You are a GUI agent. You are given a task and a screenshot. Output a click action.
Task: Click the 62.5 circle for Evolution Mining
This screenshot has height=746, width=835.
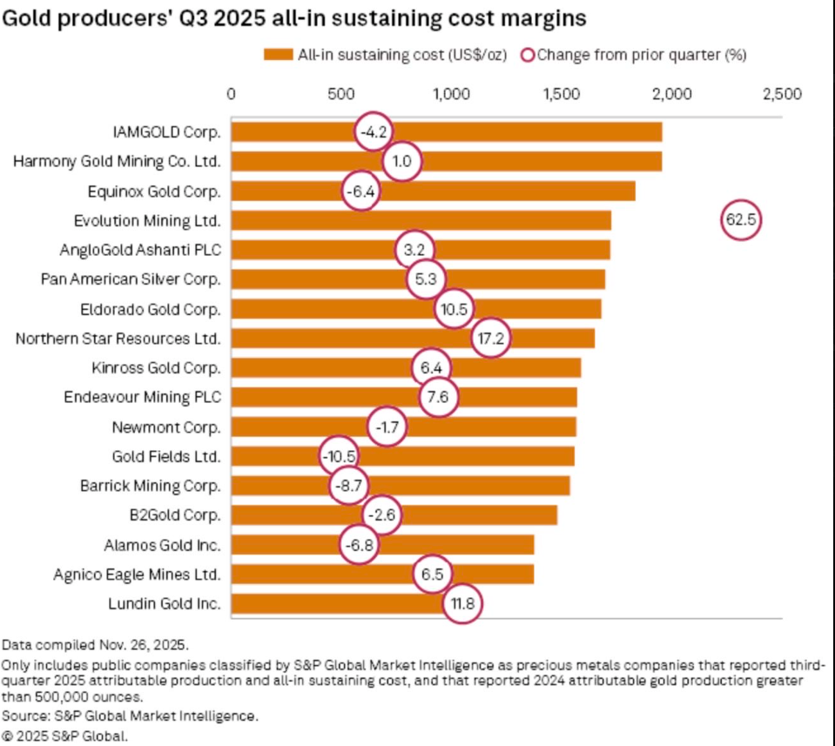click(x=741, y=220)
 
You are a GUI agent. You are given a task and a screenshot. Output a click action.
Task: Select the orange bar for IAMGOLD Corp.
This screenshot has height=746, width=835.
click(x=522, y=132)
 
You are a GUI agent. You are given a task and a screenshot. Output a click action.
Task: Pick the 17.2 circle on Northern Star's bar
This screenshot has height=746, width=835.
click(x=492, y=339)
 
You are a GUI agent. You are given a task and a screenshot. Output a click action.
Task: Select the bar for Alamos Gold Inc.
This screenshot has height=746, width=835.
click(x=453, y=545)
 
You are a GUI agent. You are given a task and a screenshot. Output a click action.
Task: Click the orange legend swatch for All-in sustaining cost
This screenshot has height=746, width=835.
click(x=278, y=55)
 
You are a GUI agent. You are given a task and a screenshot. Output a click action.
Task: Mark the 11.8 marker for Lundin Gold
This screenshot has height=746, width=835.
click(x=462, y=603)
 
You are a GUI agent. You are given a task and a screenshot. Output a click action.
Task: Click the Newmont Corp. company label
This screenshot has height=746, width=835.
click(x=166, y=427)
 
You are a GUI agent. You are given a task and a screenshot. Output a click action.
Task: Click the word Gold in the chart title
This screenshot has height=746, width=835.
click(x=29, y=17)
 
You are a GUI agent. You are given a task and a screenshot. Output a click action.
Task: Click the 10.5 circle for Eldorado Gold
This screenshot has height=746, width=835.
click(x=454, y=309)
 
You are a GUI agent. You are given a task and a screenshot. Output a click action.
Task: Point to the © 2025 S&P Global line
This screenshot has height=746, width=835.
click(x=64, y=736)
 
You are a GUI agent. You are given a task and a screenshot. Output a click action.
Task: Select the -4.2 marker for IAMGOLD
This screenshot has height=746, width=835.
click(x=374, y=132)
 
